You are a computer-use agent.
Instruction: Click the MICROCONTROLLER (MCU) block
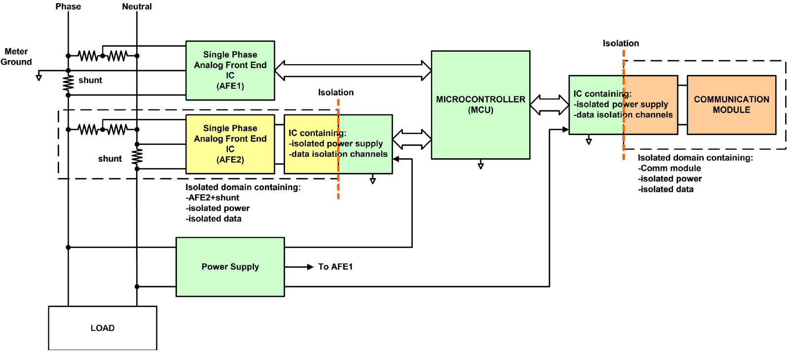(480, 105)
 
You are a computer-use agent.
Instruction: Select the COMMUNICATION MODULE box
(731, 105)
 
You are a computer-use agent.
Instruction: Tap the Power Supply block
(230, 267)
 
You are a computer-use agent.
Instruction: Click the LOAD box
(103, 328)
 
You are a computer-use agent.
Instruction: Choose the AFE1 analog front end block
(230, 71)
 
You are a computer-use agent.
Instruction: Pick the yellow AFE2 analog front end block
(230, 144)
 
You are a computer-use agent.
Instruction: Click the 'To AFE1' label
(335, 267)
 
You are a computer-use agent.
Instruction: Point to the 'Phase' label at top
(68, 6)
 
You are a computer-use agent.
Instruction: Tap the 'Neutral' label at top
(137, 6)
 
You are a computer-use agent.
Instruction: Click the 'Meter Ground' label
(16, 57)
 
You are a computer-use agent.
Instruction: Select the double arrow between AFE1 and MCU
(353, 71)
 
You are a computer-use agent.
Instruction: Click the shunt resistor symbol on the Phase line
(68, 83)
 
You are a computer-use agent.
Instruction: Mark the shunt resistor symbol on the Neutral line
(137, 156)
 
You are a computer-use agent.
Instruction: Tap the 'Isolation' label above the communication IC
(620, 43)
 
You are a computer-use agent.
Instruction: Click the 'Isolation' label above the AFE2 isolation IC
(336, 92)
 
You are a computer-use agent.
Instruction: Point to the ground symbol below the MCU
(480, 166)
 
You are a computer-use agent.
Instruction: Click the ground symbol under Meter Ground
(39, 77)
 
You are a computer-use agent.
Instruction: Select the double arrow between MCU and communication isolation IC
(549, 105)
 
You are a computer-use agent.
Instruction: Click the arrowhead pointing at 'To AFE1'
(310, 267)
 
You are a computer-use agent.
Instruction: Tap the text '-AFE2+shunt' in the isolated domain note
(213, 198)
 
